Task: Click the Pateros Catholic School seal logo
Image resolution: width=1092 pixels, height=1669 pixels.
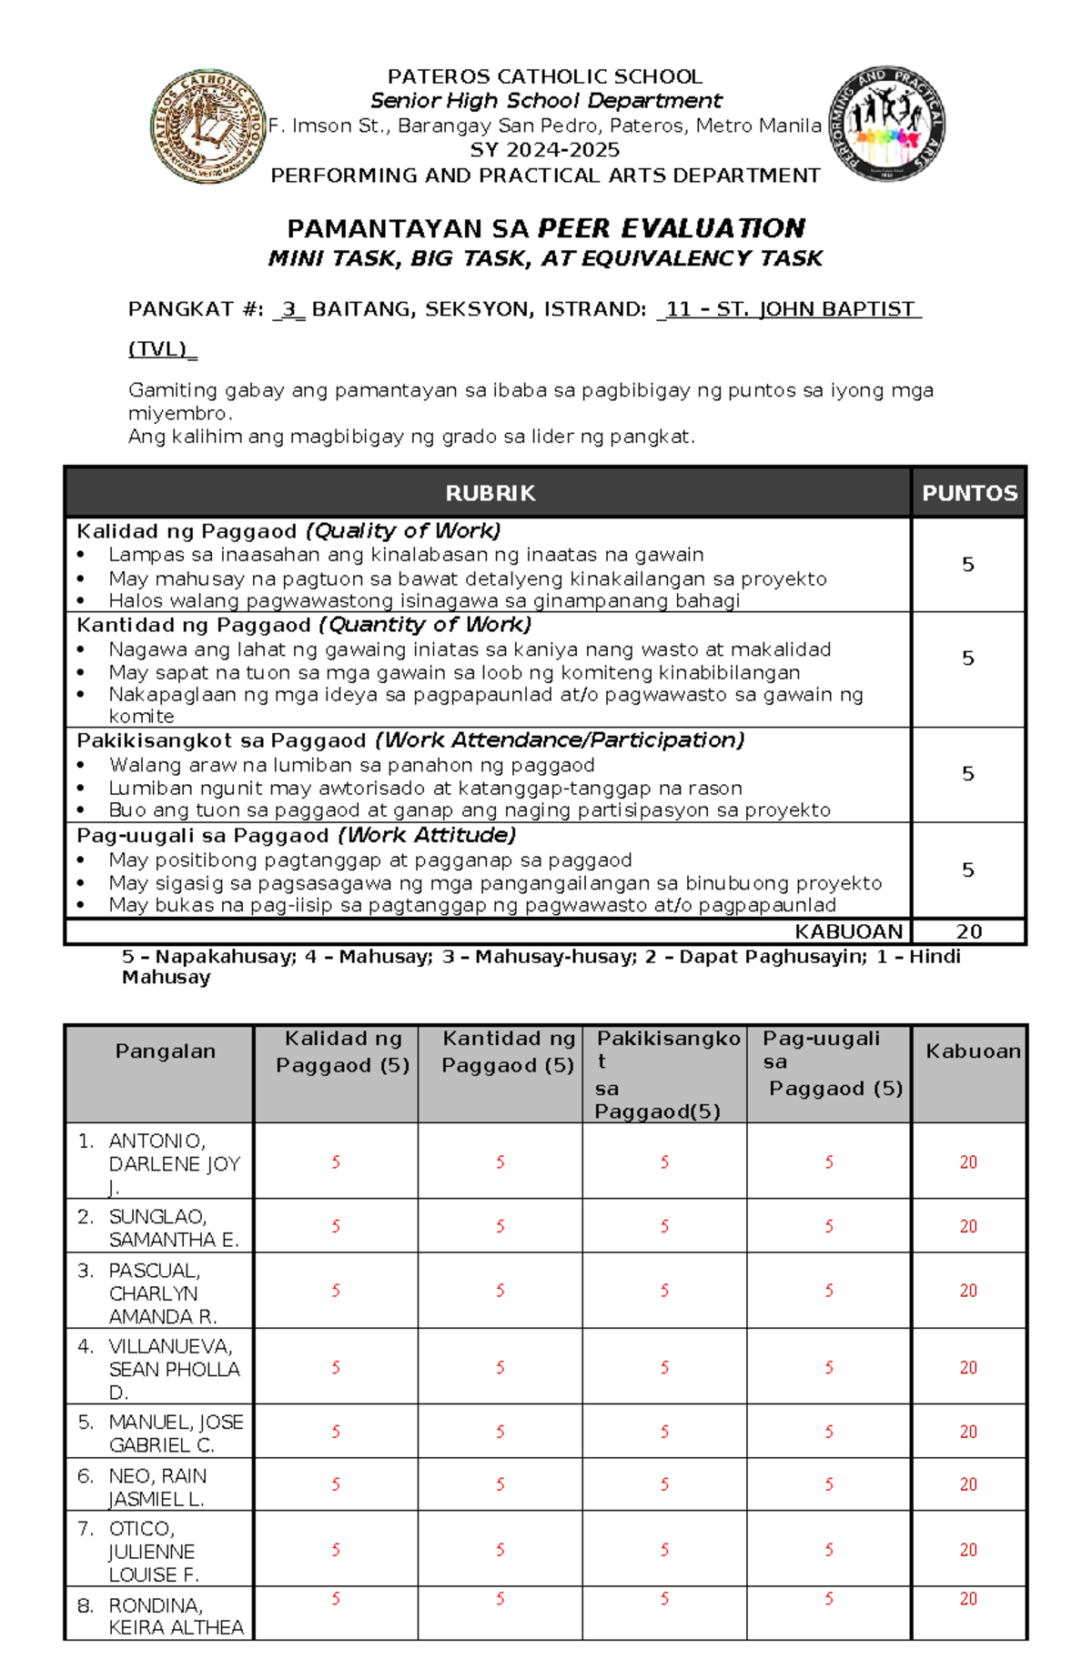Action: (x=208, y=126)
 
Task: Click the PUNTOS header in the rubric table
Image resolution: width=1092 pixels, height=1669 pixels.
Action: (x=969, y=493)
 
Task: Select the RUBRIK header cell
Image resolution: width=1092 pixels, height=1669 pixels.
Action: (x=490, y=493)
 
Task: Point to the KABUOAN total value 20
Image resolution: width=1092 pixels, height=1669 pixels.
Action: (x=969, y=931)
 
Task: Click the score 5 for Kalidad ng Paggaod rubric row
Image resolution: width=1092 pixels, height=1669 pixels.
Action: (x=968, y=565)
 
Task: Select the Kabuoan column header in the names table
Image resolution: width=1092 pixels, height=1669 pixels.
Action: (x=972, y=1051)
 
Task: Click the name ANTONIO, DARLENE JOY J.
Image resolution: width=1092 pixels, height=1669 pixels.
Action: (x=173, y=1163)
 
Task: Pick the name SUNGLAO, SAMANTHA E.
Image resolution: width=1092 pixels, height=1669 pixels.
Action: (x=173, y=1228)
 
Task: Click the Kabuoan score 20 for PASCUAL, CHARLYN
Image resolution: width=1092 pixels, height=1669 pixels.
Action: (x=968, y=1291)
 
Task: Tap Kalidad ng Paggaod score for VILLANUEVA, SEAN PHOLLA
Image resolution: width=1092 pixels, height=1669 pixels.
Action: (x=336, y=1368)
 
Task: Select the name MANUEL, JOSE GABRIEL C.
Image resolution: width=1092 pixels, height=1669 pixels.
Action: (x=175, y=1433)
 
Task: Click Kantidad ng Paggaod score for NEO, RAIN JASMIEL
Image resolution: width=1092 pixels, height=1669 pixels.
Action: (x=500, y=1484)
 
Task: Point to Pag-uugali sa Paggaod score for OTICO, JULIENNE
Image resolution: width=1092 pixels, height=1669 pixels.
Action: (x=829, y=1550)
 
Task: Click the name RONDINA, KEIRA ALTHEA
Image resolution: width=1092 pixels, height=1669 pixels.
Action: (x=175, y=1616)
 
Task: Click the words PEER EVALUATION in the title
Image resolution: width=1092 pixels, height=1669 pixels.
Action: (x=672, y=228)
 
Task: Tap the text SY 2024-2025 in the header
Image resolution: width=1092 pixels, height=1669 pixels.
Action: (x=545, y=150)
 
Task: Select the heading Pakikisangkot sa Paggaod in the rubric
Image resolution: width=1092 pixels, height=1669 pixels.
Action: (x=221, y=740)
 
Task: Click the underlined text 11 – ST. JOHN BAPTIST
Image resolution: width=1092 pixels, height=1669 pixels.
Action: (x=790, y=309)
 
